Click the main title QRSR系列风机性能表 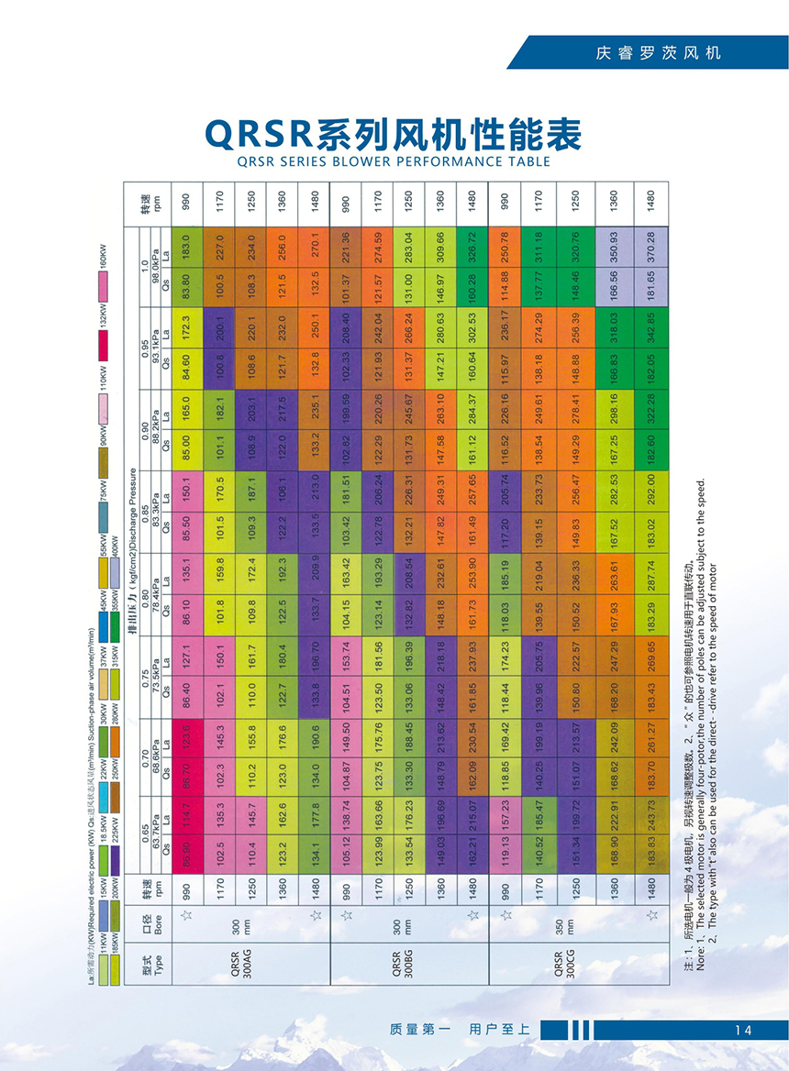coord(394,135)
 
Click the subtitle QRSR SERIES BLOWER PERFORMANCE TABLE coord(394,161)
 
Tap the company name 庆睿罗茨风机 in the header coord(658,52)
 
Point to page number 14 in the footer coord(742,1030)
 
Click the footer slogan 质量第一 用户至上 coord(460,1030)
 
